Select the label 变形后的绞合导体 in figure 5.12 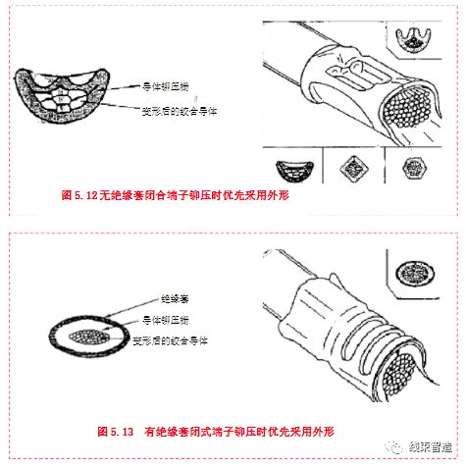pyautogui.click(x=178, y=110)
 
